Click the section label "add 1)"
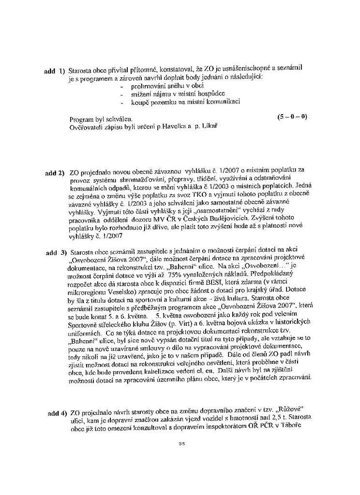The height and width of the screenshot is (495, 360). tap(54, 71)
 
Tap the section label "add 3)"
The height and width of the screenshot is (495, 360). tap(56, 253)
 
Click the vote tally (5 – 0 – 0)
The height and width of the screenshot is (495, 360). tap(293, 117)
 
